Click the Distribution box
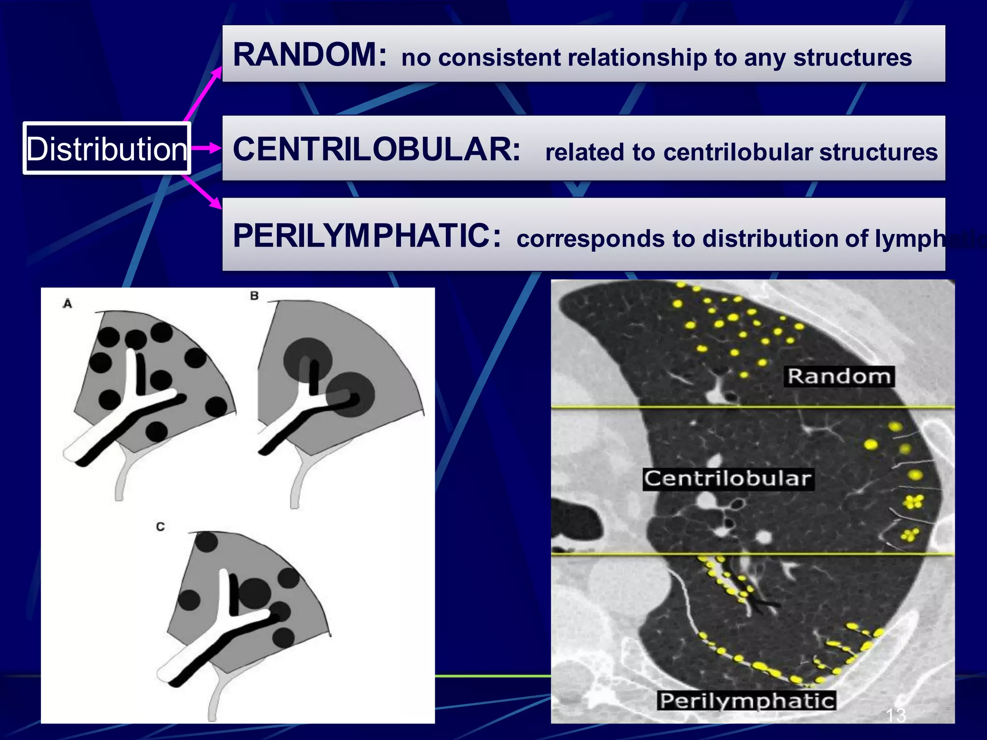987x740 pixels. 107,148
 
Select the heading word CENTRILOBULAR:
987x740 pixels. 376,149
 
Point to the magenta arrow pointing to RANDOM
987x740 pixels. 203,94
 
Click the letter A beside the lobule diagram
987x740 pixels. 67,304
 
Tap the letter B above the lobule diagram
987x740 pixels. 254,296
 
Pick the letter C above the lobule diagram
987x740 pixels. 160,527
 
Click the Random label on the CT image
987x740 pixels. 839,376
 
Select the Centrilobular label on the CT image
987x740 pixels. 728,479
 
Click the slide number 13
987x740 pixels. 895,715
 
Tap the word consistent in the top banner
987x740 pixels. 499,58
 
